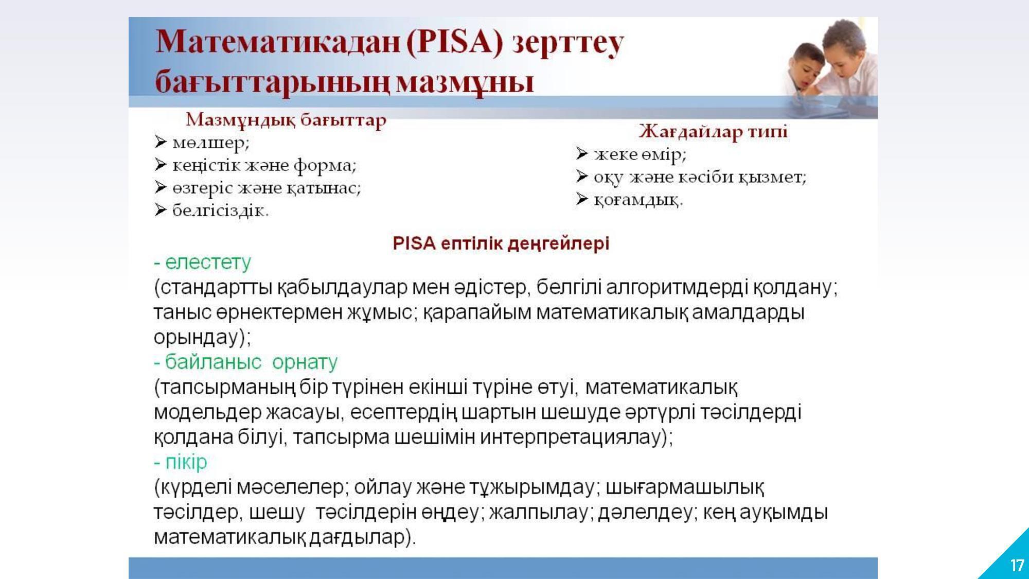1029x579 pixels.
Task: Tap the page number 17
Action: (1017, 566)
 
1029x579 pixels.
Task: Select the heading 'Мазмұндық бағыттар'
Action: (286, 120)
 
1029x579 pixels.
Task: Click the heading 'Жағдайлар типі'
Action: (713, 132)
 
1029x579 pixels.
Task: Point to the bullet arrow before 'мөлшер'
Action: (161, 142)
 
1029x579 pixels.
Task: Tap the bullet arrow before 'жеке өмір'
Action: (582, 153)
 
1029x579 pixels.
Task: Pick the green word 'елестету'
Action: (208, 262)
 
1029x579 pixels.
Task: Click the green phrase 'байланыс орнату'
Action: (251, 362)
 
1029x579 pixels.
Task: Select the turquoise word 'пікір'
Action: (186, 462)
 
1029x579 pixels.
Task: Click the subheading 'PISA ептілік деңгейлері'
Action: (501, 243)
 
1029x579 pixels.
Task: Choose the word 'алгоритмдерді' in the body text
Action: (676, 288)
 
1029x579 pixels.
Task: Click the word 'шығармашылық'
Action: (685, 487)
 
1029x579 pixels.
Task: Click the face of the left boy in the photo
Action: (807, 66)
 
